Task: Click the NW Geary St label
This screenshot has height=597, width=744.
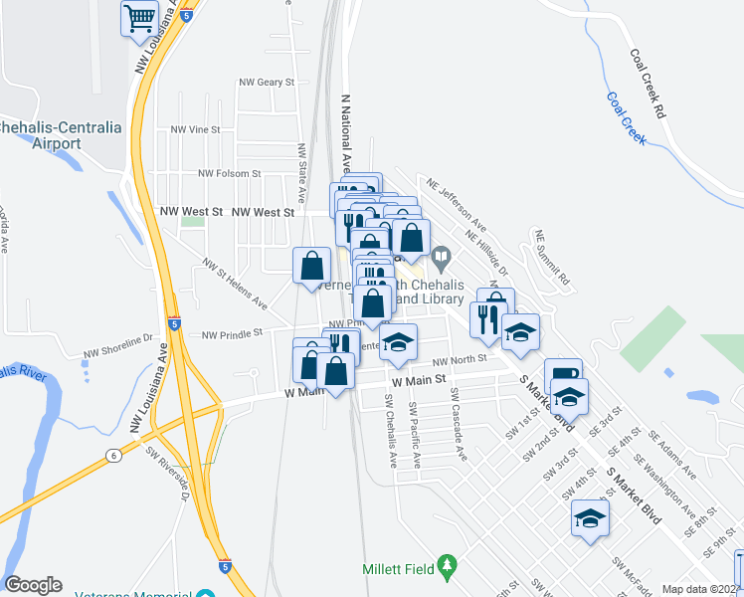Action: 268,83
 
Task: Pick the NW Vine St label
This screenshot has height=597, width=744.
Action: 195,129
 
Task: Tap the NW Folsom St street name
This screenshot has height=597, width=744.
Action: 229,173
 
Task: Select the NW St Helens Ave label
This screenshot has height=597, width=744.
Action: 235,284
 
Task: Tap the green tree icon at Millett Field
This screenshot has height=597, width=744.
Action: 447,566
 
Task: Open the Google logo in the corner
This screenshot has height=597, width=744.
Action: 33,585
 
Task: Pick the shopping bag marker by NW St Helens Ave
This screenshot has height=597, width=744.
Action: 311,265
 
